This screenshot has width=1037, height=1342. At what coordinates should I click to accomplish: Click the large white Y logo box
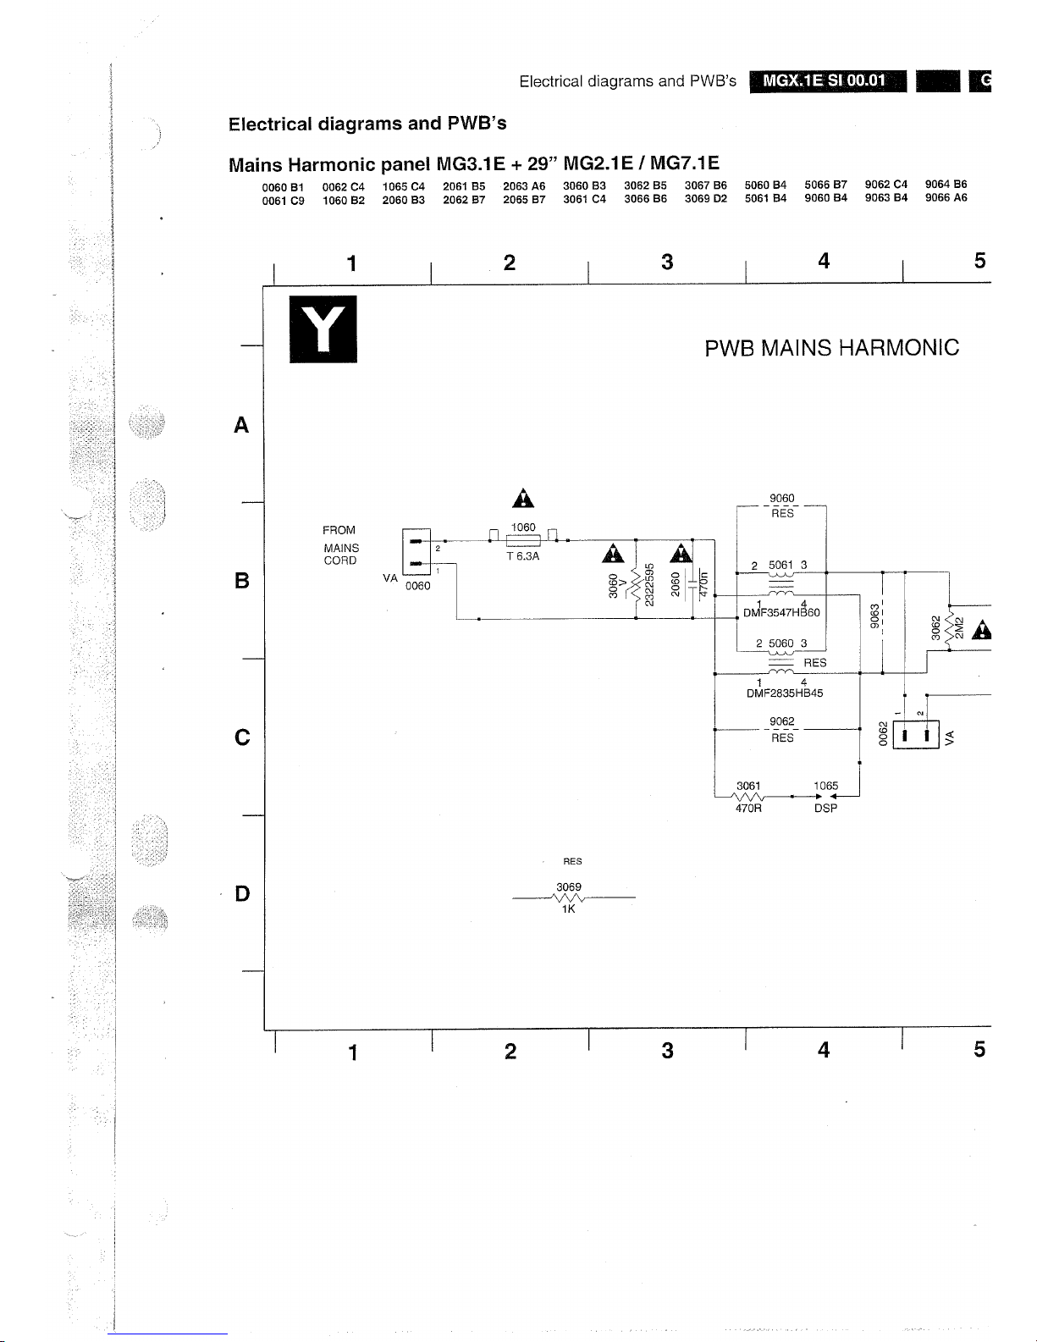(x=323, y=329)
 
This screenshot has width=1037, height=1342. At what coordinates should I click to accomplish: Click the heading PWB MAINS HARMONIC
(x=831, y=348)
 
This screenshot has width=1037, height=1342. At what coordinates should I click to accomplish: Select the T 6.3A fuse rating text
(x=522, y=557)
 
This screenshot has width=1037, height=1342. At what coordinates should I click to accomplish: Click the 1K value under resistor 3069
(x=569, y=909)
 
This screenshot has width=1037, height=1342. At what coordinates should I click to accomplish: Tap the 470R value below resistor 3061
(x=748, y=809)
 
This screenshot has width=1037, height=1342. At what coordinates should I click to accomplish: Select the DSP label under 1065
(x=825, y=809)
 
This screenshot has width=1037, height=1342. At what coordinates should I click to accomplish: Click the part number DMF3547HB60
(x=781, y=612)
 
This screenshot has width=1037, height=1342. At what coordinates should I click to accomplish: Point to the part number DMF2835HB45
(x=784, y=693)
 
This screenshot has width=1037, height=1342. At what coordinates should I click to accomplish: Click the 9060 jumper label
(x=781, y=499)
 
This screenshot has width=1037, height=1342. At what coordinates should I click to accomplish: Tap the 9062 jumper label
(x=782, y=721)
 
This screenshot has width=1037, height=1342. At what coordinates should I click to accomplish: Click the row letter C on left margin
(x=242, y=737)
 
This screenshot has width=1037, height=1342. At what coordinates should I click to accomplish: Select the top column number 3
(x=667, y=262)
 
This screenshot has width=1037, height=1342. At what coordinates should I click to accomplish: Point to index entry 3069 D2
(x=705, y=199)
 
